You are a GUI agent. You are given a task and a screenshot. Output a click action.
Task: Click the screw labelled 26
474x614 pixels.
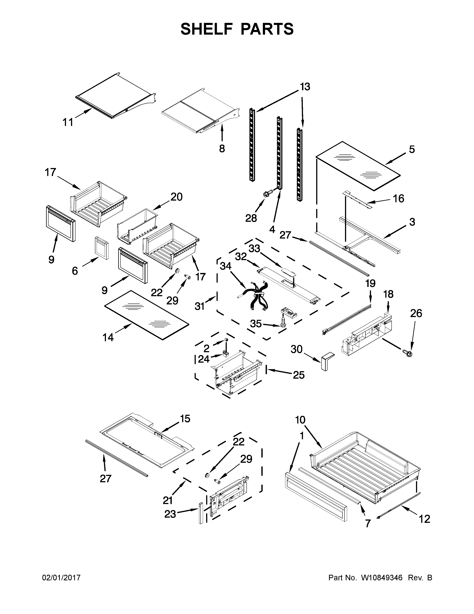point(407,352)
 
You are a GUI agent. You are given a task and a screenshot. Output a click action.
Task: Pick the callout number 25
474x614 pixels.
point(299,375)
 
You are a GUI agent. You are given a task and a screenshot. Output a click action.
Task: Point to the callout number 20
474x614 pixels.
point(177,197)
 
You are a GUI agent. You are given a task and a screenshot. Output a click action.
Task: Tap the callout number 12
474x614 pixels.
point(425,519)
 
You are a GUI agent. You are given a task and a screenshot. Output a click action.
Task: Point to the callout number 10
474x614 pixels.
point(300,428)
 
